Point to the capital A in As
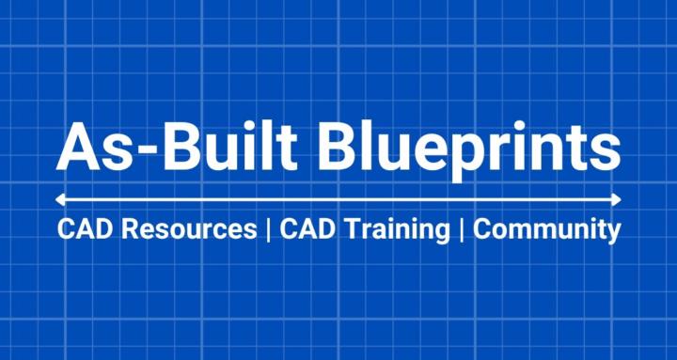77,147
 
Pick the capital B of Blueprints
340,147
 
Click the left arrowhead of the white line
59,199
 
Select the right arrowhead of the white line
617,199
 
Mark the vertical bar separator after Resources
269,230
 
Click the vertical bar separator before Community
462,230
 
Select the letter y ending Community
612,233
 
